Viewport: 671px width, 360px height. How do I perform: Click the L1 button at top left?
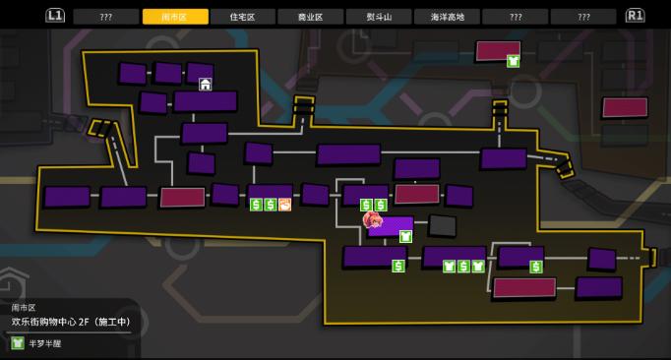55,16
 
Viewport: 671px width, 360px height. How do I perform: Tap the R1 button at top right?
635,16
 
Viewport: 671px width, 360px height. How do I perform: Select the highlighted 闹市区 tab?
175,17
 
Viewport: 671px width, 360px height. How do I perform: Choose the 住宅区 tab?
243,17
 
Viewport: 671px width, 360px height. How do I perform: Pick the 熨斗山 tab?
379,17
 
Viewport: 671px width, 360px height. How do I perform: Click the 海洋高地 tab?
447,17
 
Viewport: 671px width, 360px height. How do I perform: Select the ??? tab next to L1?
106,17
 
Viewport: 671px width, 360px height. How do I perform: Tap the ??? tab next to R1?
583,17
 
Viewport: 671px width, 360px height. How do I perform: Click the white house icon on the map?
206,85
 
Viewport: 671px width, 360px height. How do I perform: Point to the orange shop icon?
284,205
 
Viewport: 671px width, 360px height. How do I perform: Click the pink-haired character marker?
373,221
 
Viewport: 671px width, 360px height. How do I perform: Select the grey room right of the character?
443,225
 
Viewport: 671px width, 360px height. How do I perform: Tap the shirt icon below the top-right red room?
513,61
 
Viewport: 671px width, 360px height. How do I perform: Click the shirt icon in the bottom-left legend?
18,343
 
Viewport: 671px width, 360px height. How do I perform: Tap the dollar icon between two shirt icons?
463,266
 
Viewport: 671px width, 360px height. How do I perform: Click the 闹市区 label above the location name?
24,307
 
